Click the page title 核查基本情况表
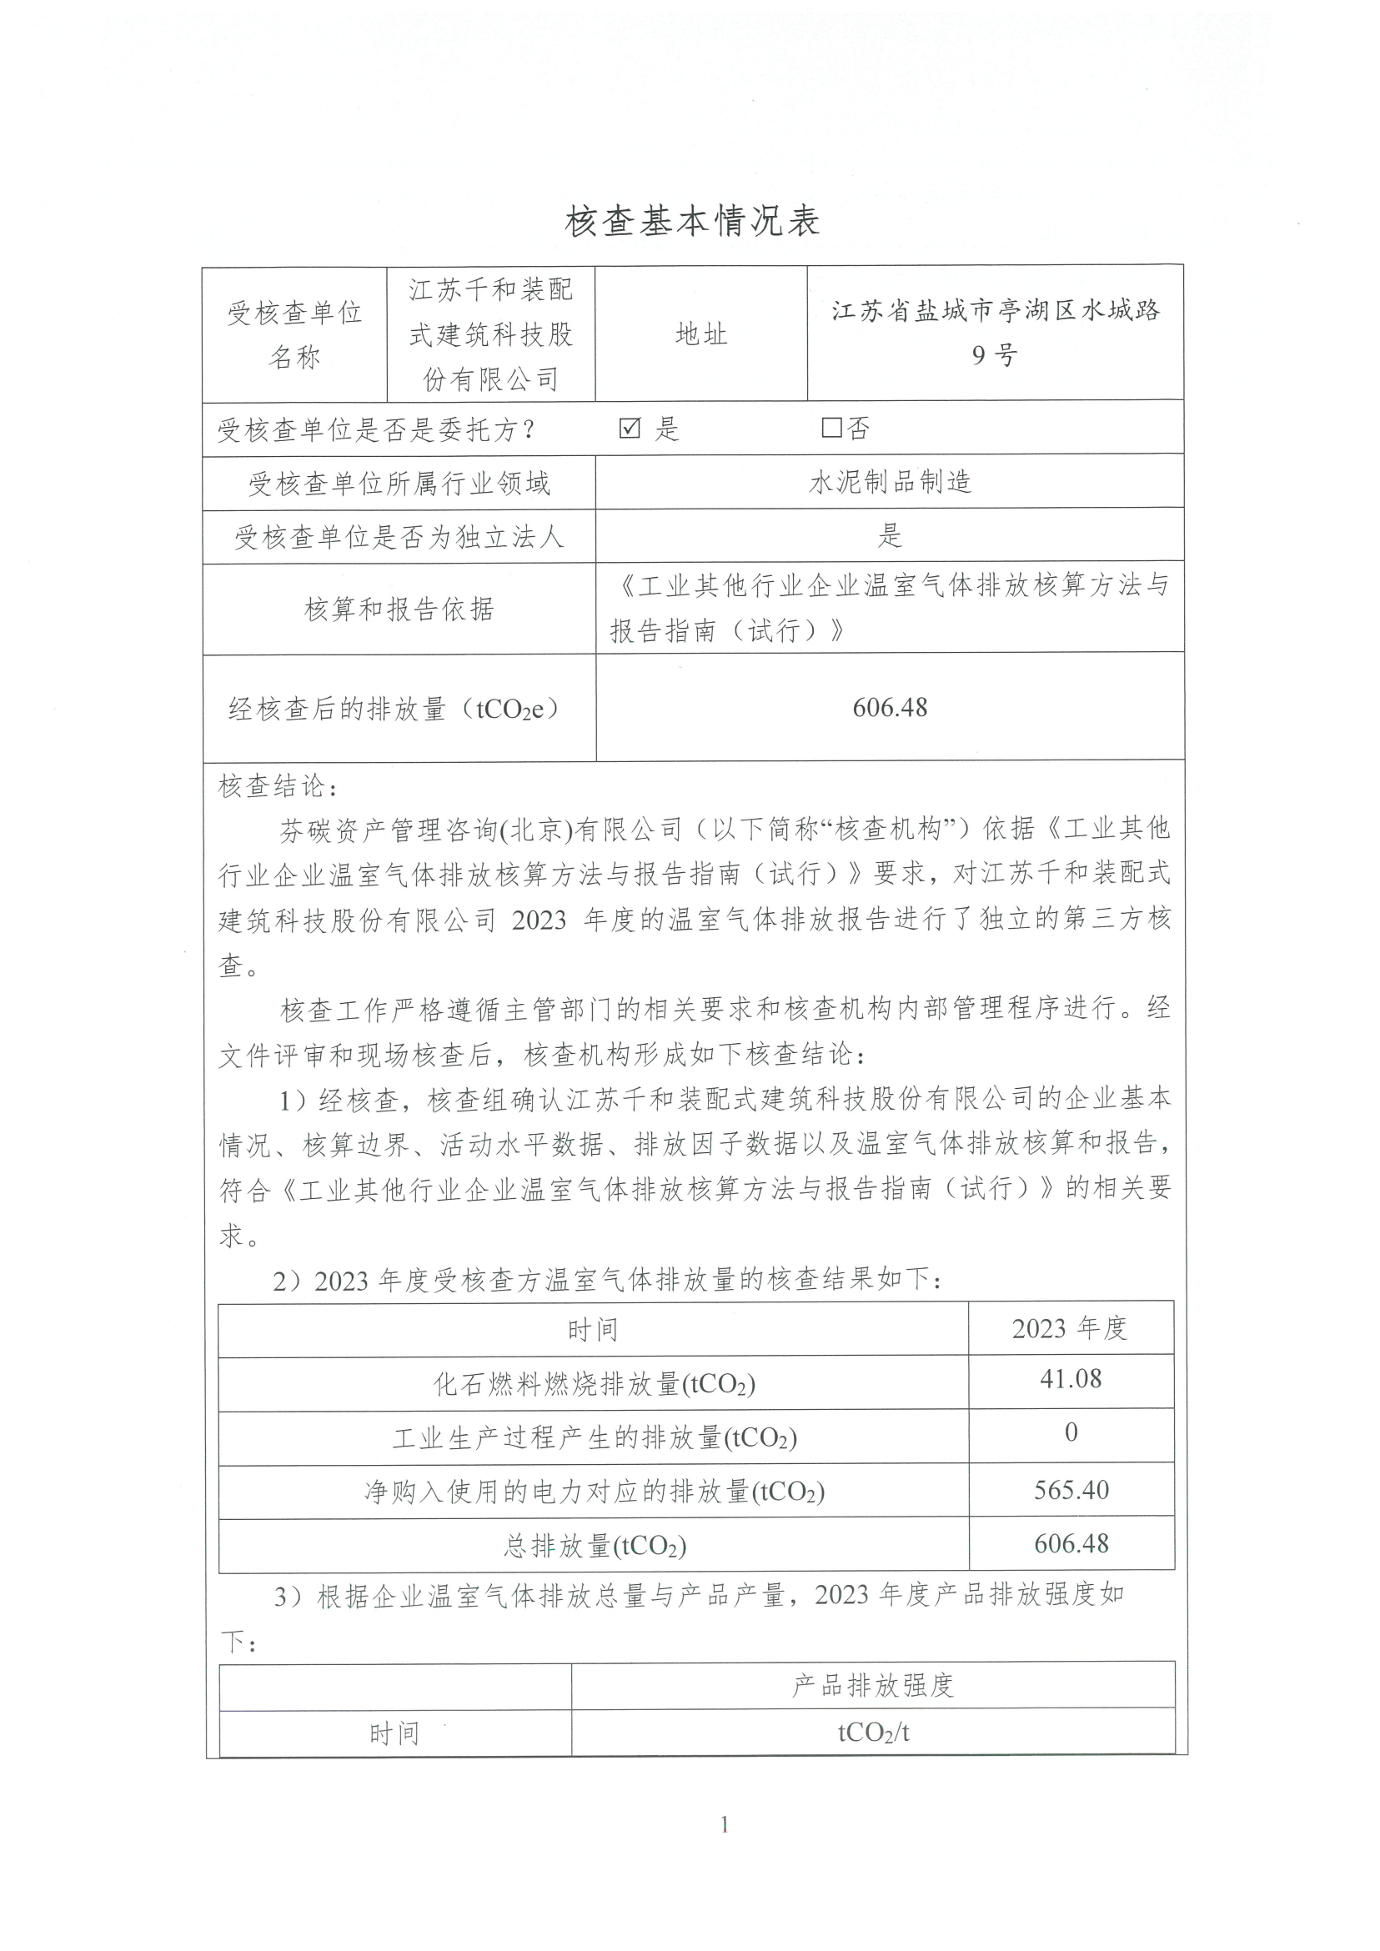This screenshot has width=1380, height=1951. click(692, 222)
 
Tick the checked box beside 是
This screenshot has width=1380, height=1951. click(630, 429)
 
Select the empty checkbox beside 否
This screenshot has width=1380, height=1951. click(831, 428)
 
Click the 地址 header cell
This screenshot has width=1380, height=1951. click(701, 334)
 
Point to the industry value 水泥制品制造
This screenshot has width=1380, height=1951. click(890, 483)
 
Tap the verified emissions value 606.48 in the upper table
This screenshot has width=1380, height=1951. click(890, 707)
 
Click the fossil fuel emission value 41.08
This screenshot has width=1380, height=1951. click(1071, 1378)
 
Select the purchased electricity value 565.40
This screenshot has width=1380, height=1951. click(1071, 1490)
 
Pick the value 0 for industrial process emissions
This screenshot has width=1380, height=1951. click(1071, 1432)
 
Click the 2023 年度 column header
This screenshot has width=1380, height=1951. click(1069, 1327)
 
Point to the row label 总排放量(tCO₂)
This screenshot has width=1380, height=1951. click(594, 1546)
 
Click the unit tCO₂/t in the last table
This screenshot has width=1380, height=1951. click(873, 1733)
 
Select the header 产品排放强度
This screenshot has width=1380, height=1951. click(873, 1685)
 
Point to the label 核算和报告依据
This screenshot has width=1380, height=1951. click(399, 609)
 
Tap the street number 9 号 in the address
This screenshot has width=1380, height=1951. click(994, 355)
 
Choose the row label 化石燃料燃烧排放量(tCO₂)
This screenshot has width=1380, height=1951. click(594, 1384)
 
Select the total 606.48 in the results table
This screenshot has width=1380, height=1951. click(1071, 1544)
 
